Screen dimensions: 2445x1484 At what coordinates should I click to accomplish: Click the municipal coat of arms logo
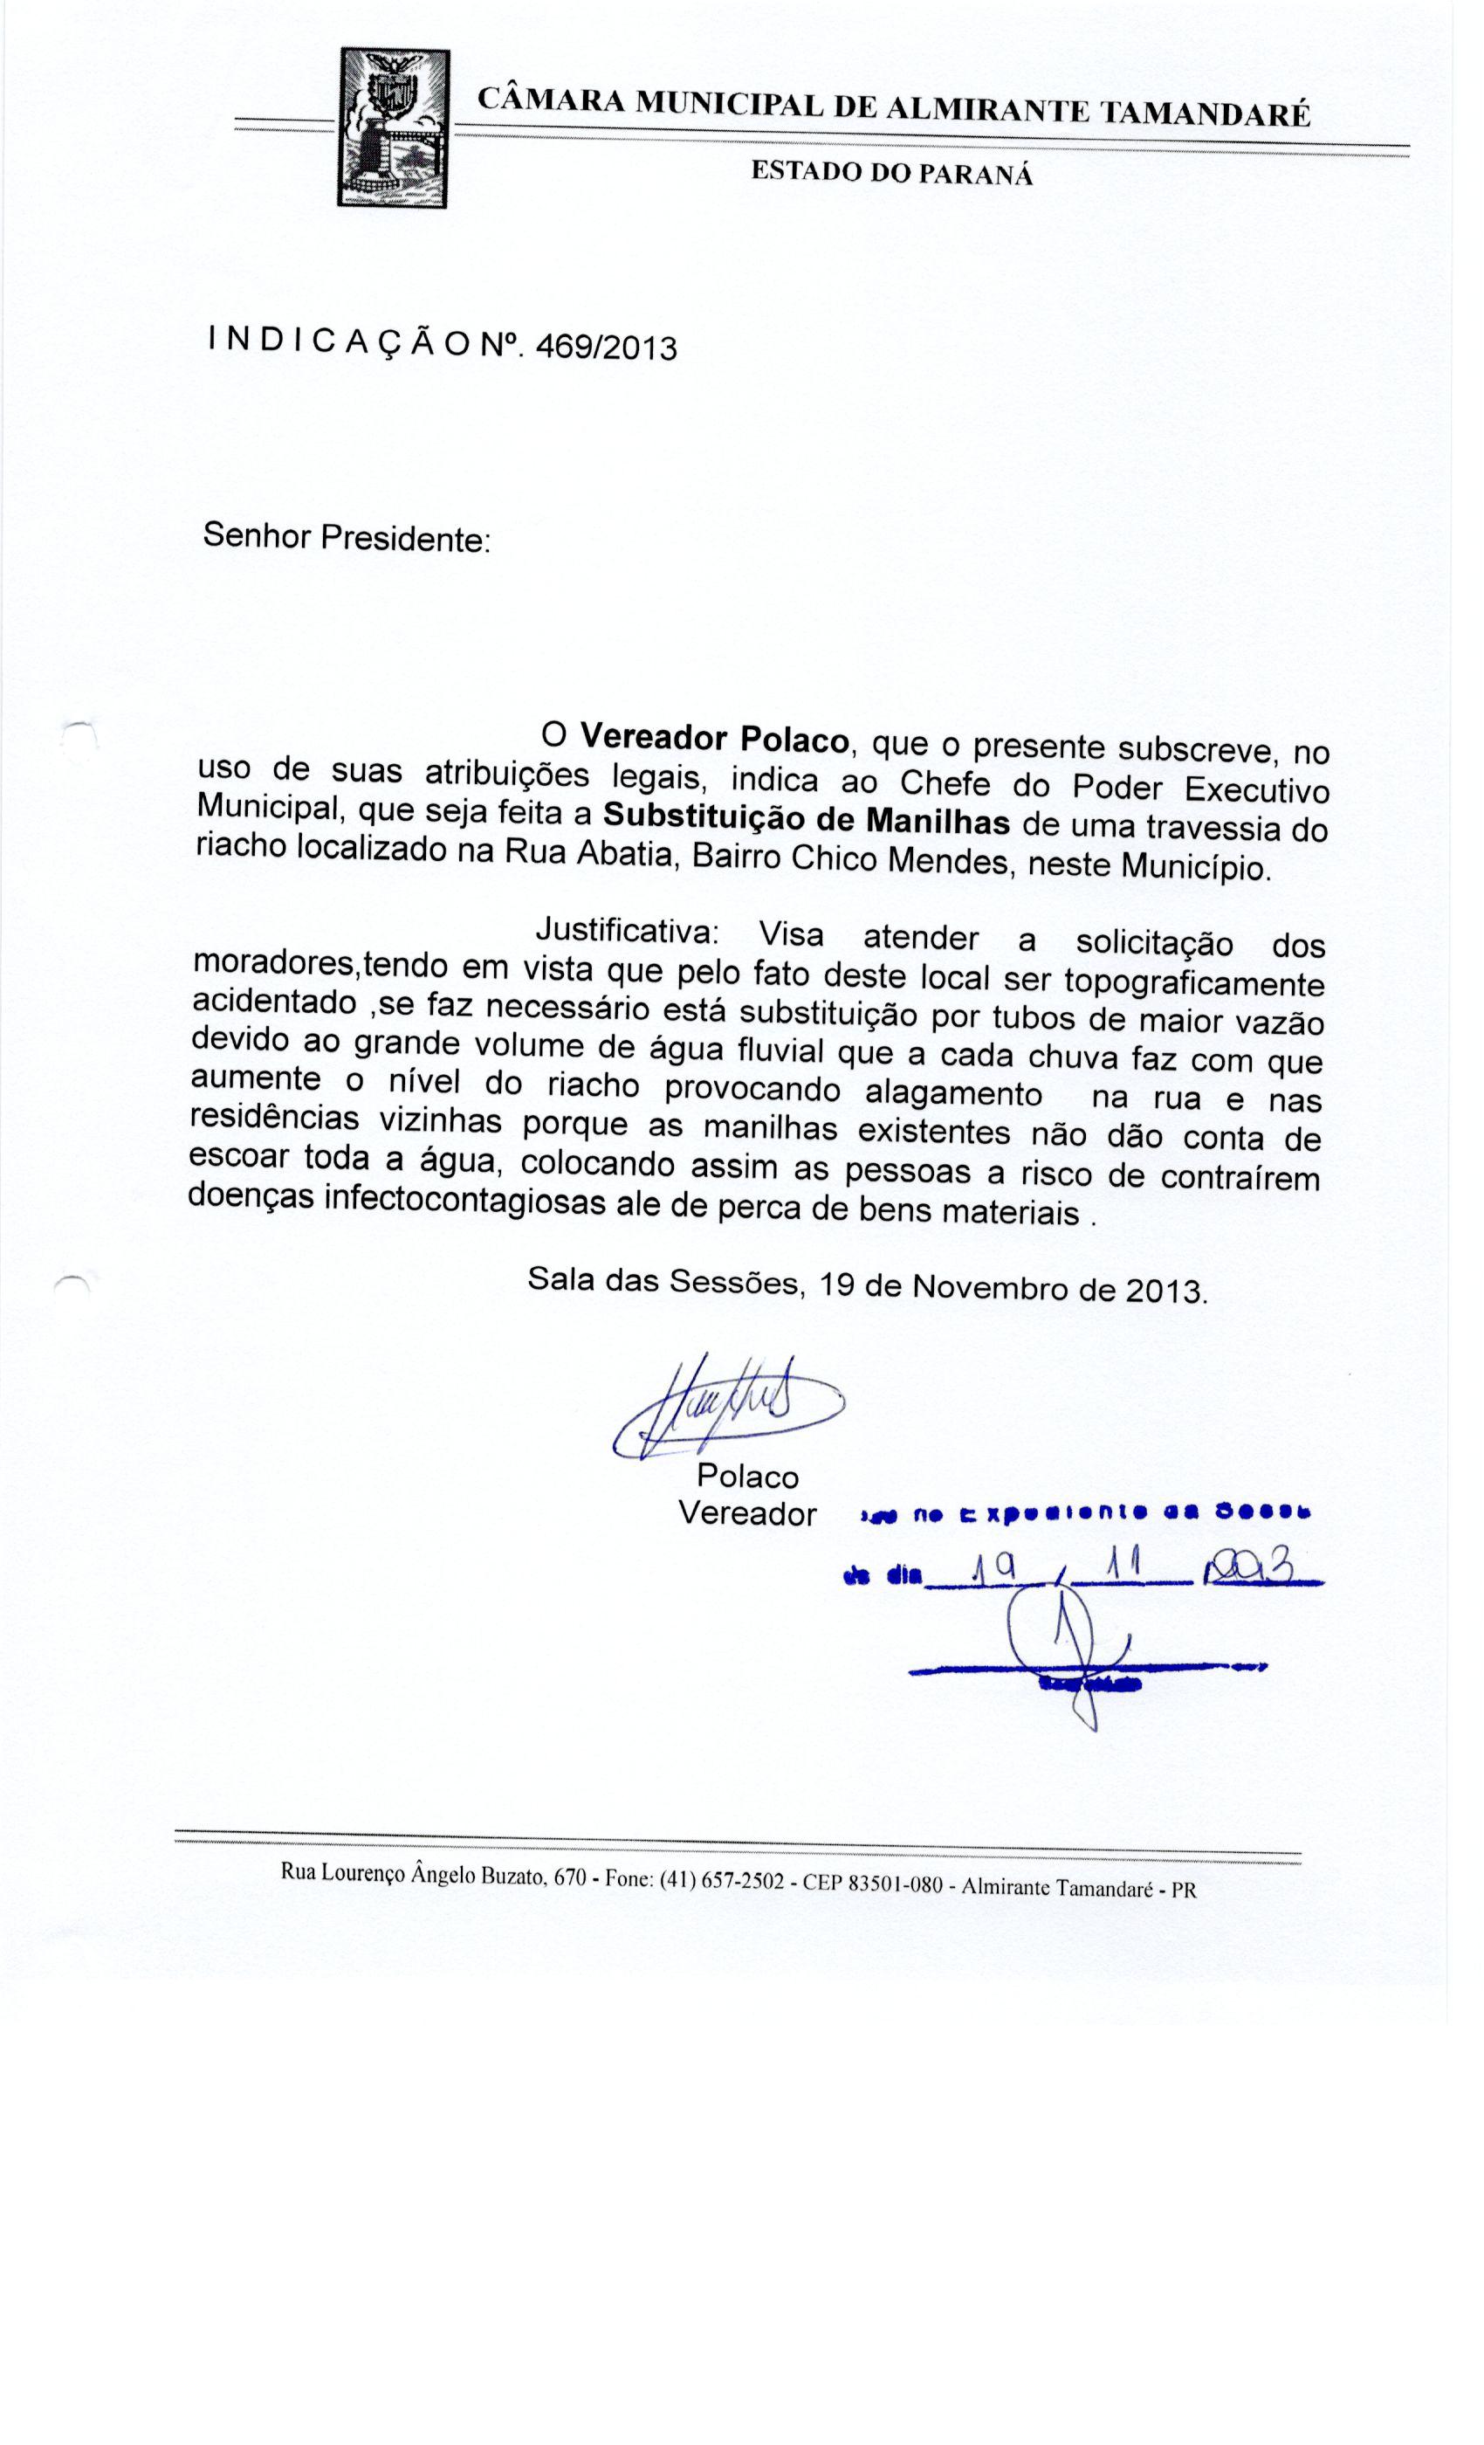[392, 129]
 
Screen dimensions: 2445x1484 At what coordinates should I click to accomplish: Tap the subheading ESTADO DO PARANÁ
[890, 174]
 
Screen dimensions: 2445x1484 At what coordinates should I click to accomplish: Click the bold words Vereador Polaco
[714, 737]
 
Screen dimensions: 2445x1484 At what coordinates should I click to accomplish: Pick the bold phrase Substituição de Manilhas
[807, 820]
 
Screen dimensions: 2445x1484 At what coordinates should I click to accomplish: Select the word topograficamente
[1193, 982]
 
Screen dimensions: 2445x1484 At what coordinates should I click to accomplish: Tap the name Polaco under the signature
[747, 1477]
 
